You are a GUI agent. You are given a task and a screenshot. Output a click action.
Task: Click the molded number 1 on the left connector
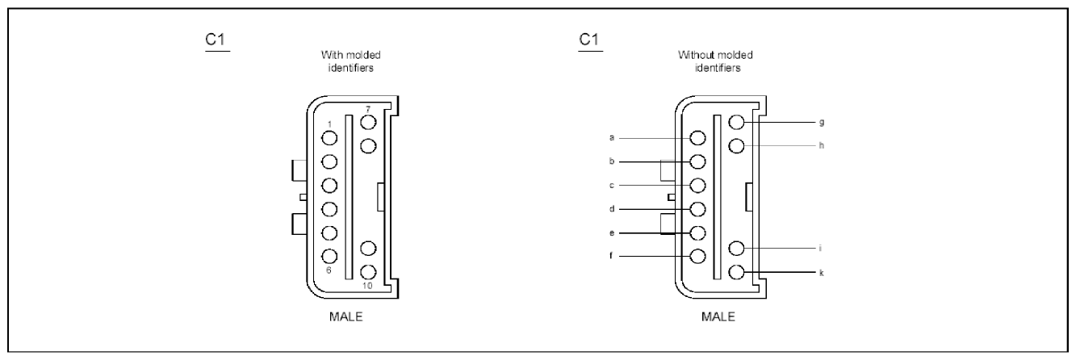point(329,124)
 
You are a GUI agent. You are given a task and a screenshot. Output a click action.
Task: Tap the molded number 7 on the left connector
point(368,110)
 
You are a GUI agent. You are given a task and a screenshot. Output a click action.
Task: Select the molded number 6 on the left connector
point(329,270)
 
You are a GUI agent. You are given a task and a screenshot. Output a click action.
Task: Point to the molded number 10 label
point(367,286)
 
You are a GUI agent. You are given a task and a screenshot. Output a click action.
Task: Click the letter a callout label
point(612,138)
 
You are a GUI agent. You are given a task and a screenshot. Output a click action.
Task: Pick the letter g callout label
point(822,123)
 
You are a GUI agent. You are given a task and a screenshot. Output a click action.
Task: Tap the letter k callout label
point(822,273)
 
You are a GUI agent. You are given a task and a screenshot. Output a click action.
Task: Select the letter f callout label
point(612,256)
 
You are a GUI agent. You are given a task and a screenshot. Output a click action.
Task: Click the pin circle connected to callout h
point(736,145)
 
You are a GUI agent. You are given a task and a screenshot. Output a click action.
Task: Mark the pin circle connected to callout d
point(697,209)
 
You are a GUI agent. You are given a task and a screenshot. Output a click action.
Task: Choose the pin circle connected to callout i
point(736,249)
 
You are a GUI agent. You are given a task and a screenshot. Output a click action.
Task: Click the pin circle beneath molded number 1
point(329,138)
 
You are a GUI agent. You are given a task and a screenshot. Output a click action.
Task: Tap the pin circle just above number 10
point(368,273)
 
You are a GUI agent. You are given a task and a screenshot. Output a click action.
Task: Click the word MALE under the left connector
point(345,316)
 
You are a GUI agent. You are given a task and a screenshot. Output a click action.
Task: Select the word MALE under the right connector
point(718,316)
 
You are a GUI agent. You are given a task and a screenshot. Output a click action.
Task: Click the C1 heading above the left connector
point(216,40)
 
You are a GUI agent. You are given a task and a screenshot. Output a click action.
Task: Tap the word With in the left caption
point(329,55)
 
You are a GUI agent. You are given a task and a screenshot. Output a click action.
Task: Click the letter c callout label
point(612,185)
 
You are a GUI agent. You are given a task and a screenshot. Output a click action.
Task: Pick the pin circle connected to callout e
point(697,233)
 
